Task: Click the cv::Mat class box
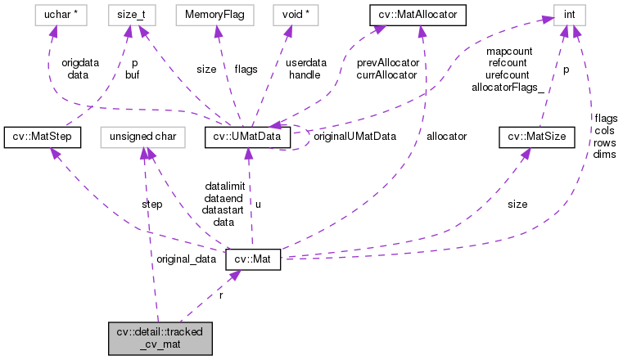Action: tap(253, 259)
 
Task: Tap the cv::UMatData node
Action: tap(247, 137)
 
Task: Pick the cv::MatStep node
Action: tap(42, 137)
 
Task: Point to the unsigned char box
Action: tap(143, 137)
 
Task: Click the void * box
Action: tap(300, 14)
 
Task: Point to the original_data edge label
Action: tap(186, 259)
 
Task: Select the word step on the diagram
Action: tap(151, 204)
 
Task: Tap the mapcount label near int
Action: tap(509, 51)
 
